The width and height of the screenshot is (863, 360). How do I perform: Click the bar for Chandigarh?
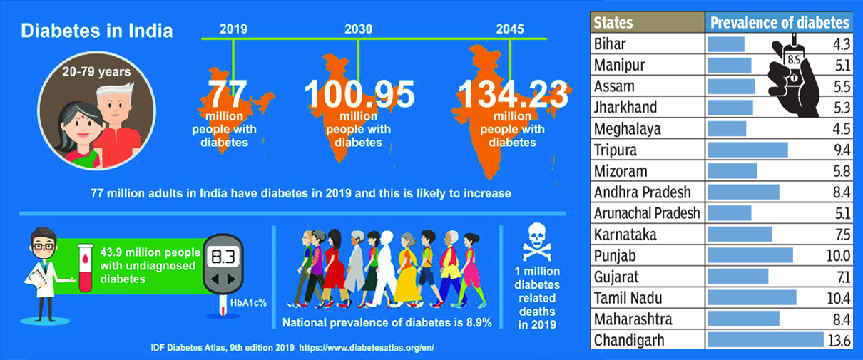coord(765,341)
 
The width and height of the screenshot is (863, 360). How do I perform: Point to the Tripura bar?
coord(747,150)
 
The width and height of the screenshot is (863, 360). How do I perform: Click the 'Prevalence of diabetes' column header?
coord(780,23)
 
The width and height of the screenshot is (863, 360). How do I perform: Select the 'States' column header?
coord(614,23)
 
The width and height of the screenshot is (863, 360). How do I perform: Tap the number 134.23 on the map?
coord(514,94)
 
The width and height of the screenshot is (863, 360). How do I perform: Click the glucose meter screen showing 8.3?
coord(224,257)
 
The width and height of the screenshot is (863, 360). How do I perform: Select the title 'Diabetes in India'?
coord(96,31)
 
